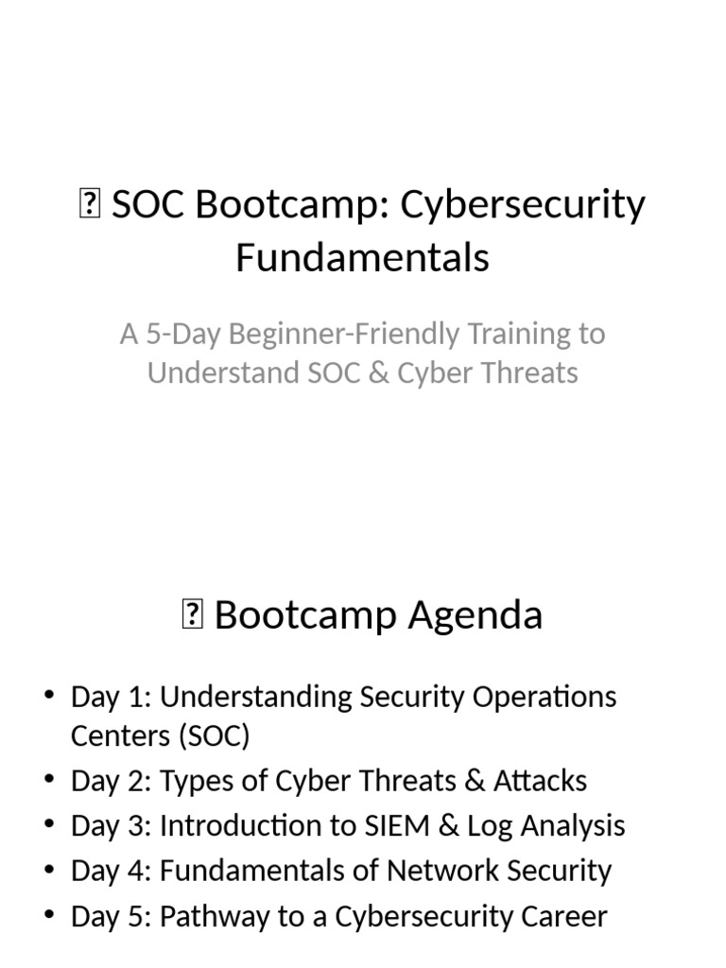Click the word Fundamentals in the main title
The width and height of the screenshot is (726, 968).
pos(362,257)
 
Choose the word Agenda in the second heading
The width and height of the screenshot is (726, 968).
pos(475,615)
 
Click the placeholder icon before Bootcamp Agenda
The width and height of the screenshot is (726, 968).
pos(191,616)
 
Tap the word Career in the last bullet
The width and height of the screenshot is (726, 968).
pos(558,916)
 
